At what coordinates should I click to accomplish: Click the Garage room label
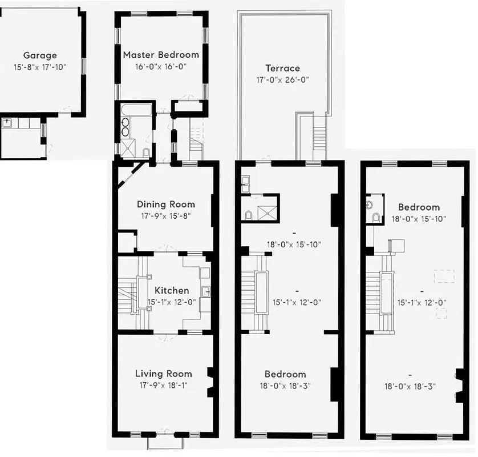coord(40,55)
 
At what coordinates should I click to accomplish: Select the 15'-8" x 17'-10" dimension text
coord(40,67)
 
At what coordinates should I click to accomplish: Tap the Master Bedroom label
coord(161,55)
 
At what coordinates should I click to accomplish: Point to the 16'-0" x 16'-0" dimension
coord(161,66)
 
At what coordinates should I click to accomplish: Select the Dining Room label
coord(165,204)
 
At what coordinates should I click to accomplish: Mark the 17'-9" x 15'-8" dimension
coord(165,216)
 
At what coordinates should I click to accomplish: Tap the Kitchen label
coord(171,290)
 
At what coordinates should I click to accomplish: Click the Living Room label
coord(163,374)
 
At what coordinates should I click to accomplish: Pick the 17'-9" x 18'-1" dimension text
coord(163,386)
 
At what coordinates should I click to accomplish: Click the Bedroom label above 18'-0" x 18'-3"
coord(285,374)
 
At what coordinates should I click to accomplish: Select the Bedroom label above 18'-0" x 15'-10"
coord(419,207)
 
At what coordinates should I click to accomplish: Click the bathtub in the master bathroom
coord(136,109)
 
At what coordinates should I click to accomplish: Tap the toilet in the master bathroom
coord(146,152)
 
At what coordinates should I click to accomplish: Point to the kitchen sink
coord(206,292)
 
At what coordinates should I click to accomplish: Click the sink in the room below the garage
coord(7,122)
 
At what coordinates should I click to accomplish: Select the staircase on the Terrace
coord(319,137)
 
